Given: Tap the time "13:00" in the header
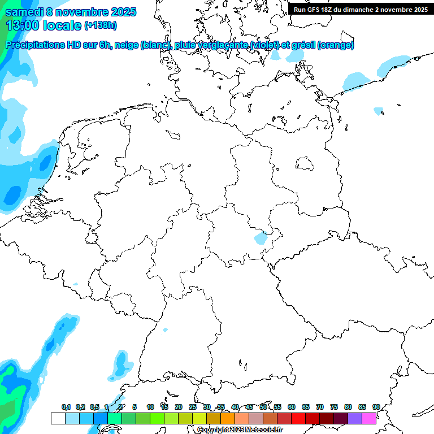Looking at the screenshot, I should [x=23, y=25].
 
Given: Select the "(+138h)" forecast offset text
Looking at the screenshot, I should [x=100, y=25].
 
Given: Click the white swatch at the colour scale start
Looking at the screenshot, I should [x=58, y=419].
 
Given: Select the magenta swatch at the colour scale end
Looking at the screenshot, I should [x=369, y=419].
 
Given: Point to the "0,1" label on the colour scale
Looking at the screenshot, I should [x=66, y=407].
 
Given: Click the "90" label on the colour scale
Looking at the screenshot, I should [x=376, y=407].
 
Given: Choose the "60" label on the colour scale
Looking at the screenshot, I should [x=292, y=407].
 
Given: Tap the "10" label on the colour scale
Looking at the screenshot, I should [x=150, y=407].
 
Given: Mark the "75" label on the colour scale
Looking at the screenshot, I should [x=334, y=407].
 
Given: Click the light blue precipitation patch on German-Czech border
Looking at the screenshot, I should [x=261, y=238].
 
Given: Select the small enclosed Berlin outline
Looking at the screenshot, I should [x=306, y=164].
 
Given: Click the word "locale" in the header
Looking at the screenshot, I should [x=62, y=25].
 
